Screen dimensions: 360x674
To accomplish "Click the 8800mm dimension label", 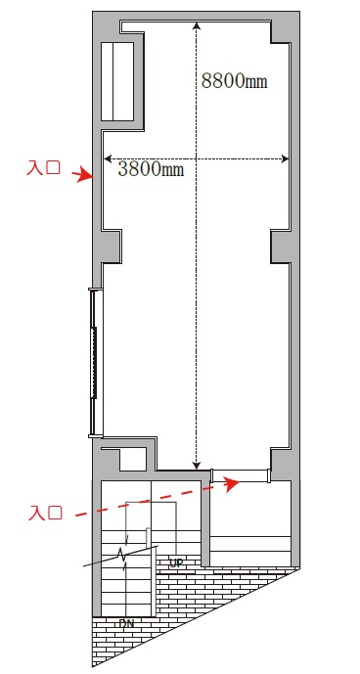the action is coord(235,80).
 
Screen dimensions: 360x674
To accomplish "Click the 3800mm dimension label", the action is coord(151,169).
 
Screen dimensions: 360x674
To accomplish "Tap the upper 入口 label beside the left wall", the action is coord(43,167).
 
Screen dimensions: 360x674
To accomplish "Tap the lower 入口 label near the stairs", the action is coord(45,513).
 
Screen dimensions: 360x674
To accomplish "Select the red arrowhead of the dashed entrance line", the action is coord(232,483).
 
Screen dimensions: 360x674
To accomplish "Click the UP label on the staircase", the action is coord(177,562).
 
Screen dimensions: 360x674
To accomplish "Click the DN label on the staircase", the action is coord(125,623).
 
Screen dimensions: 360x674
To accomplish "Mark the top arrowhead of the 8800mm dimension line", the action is coord(197,25).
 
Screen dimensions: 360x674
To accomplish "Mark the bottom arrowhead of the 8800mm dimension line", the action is coord(197,465).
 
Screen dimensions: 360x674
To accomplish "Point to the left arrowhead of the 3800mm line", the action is coord(108,159).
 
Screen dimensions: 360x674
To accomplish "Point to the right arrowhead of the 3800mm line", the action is coord(285,159).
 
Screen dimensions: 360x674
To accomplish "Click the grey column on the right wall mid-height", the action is coord(281,247).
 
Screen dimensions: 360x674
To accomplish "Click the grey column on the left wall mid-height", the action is coord(111,246).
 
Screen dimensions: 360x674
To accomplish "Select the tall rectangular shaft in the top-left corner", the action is coord(117,81).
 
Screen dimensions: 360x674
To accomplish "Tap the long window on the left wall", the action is coord(94,363).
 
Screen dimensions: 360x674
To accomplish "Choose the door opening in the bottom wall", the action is coord(241,475).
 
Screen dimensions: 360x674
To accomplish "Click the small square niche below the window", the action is coord(132,459).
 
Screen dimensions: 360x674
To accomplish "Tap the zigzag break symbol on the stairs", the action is coord(124,557).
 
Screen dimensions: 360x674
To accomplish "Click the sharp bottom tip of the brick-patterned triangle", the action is coord(93,666).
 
